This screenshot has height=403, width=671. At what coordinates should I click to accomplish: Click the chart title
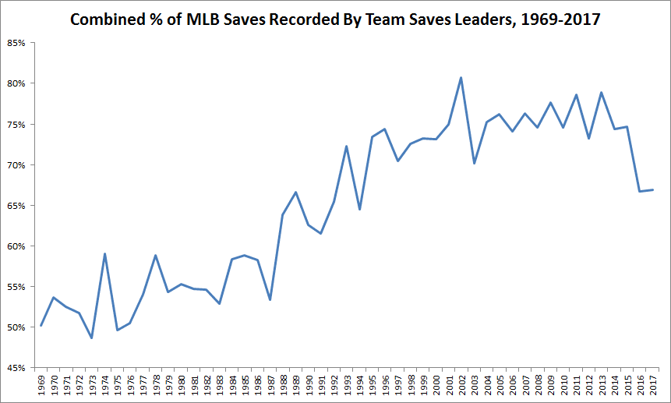[x=335, y=19]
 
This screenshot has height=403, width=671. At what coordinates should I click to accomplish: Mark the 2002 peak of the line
[x=461, y=77]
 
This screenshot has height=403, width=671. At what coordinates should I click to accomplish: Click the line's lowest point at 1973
[x=92, y=338]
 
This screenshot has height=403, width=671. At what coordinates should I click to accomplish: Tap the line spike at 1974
[x=104, y=253]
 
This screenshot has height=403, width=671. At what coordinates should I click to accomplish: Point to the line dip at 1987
[x=270, y=300]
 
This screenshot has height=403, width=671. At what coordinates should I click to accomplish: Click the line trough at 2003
[x=474, y=163]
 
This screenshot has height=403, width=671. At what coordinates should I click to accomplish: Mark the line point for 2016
[x=640, y=191]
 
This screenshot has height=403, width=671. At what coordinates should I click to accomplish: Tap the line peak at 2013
[x=602, y=93]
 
